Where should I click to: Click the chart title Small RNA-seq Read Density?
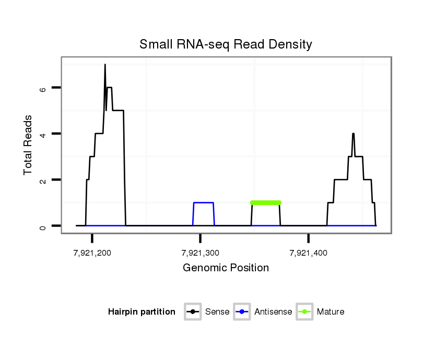(x=226, y=44)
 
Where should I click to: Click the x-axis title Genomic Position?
(x=226, y=268)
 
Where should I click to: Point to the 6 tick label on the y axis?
(x=43, y=88)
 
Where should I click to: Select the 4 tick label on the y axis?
(x=43, y=134)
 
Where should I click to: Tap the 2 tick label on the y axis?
(x=43, y=180)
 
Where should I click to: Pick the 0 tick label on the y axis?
(x=43, y=226)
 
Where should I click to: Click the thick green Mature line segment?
(x=266, y=202)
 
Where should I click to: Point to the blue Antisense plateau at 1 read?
(x=204, y=202)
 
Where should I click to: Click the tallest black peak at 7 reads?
(x=105, y=66)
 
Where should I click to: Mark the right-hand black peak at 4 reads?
(x=353, y=135)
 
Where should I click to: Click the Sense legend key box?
(x=193, y=312)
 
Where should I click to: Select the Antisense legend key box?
(x=242, y=312)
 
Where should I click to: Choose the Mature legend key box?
(x=304, y=312)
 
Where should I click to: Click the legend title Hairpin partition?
(x=142, y=312)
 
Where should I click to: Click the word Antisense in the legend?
(x=273, y=312)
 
